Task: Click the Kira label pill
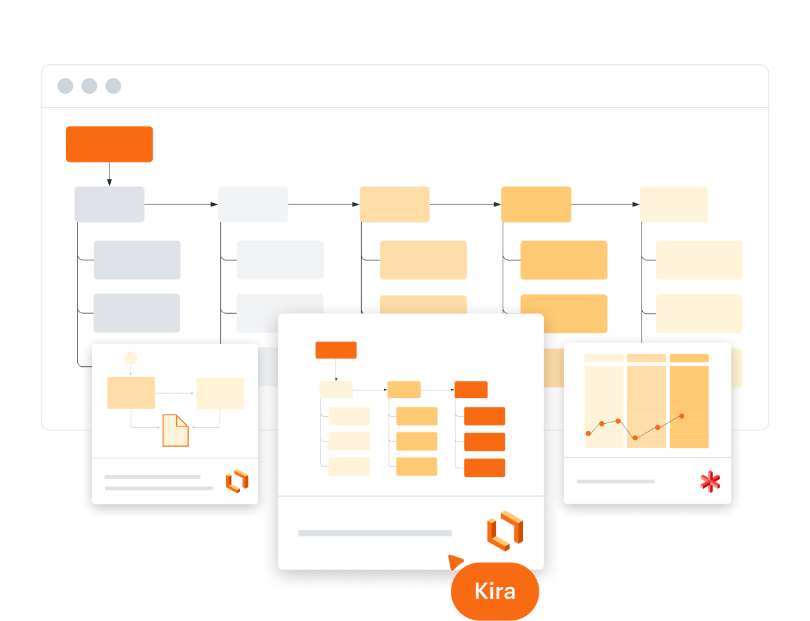(495, 591)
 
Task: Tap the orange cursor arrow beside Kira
(455, 562)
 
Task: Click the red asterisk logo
(710, 482)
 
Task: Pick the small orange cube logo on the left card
(237, 481)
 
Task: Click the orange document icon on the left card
(176, 430)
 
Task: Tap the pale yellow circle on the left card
(131, 358)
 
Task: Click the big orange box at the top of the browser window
(109, 144)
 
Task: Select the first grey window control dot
(66, 86)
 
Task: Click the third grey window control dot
(113, 86)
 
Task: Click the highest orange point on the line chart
(682, 416)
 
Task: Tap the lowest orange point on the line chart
(634, 438)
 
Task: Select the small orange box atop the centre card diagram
(336, 350)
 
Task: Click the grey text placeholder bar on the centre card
(375, 533)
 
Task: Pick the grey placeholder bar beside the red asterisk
(615, 481)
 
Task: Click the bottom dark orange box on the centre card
(484, 468)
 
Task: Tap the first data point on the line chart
(588, 433)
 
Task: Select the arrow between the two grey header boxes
(182, 204)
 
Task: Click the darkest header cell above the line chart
(689, 358)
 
